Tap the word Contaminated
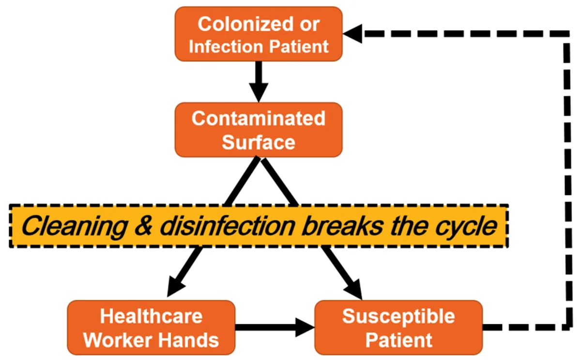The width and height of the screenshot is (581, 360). (259, 119)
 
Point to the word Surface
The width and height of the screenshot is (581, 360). (259, 142)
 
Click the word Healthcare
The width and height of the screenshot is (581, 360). (151, 316)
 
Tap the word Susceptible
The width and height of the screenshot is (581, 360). (398, 316)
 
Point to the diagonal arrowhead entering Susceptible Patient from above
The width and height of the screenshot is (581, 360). (353, 289)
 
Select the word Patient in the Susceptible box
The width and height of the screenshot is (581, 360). (398, 340)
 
